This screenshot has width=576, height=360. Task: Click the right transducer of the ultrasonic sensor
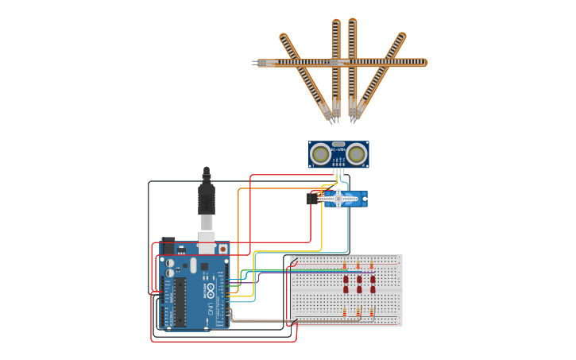(x=357, y=154)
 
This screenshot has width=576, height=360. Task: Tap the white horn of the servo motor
(x=338, y=199)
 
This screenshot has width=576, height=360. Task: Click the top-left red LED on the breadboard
(x=346, y=280)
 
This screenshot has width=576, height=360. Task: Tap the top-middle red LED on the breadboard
(x=359, y=280)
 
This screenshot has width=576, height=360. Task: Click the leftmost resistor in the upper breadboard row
(x=345, y=265)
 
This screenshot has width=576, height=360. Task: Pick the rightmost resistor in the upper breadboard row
(x=372, y=265)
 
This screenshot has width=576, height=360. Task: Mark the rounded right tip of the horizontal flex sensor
(x=424, y=62)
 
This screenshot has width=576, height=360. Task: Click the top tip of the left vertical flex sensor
(x=336, y=22)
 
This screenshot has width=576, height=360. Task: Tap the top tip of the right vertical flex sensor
(x=352, y=22)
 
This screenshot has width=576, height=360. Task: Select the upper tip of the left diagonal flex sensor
(x=284, y=36)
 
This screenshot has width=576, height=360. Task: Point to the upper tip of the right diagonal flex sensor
(x=402, y=36)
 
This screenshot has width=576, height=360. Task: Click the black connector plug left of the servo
(x=312, y=199)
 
